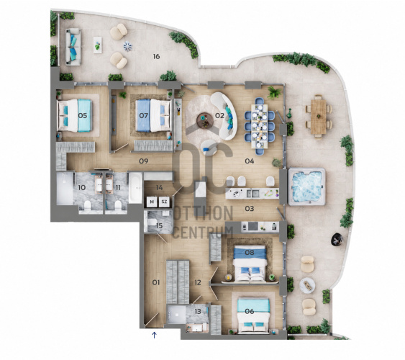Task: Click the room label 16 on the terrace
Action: point(156,56)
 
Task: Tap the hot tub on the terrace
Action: point(306,186)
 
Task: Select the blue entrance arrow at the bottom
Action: point(154,336)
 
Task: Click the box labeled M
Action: point(152,202)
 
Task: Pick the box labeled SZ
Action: point(164,202)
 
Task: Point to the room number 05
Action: point(83,115)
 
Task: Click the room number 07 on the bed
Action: point(144,115)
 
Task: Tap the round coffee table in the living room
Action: point(205,120)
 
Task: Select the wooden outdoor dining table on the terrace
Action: point(319,117)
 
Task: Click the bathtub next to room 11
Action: point(135,187)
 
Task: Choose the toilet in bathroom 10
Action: point(88,206)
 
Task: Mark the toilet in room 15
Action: point(152,222)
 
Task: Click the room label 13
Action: point(198,311)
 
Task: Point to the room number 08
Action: point(250,252)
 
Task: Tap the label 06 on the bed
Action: point(250,311)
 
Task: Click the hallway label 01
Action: point(156,282)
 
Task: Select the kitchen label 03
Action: point(250,208)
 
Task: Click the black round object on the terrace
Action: point(337,239)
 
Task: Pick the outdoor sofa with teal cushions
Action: point(73,47)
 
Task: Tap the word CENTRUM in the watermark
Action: point(203,232)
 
